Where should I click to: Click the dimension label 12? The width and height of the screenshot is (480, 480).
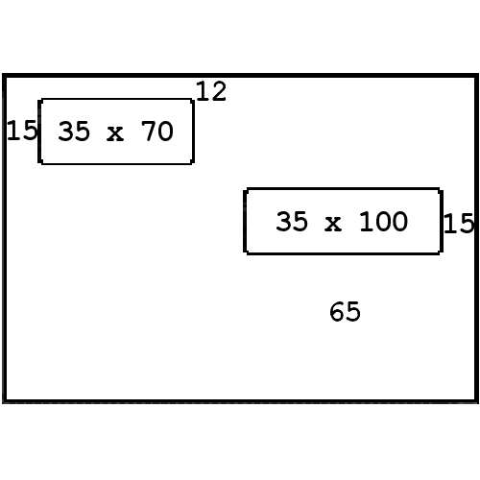coord(211,91)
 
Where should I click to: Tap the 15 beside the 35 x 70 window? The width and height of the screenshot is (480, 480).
coord(22,131)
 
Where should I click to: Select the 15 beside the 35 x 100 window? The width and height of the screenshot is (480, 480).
coord(459,223)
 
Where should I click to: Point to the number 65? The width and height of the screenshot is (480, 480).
coord(345,311)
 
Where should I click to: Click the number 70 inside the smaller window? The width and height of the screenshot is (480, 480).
coord(157,131)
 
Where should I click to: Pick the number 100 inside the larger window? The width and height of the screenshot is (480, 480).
coord(383,221)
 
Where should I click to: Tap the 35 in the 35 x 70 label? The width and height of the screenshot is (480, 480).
coord(74,131)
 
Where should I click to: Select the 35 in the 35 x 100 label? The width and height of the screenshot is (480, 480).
coord(292,221)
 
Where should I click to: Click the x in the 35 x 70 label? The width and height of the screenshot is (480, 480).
coord(115,133)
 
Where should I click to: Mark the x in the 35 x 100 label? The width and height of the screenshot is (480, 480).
coord(333,224)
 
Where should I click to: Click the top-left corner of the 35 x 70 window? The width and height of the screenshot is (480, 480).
coord(39,100)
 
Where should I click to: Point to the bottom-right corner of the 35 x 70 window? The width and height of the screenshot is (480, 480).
coord(193,163)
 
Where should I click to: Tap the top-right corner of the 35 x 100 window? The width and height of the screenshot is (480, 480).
coord(442,190)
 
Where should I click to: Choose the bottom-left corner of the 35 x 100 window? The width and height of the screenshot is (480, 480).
coord(246,252)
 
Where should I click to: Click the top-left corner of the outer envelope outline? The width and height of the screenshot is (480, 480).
coord(4,76)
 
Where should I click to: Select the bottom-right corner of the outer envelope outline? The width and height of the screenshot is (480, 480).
coord(476,401)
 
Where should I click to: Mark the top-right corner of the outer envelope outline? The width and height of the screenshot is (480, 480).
coord(476,76)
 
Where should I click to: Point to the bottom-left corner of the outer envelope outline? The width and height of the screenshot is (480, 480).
coord(4,401)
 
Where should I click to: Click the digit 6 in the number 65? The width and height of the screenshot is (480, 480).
coord(337,311)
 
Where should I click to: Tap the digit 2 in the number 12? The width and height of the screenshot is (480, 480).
coord(219,91)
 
